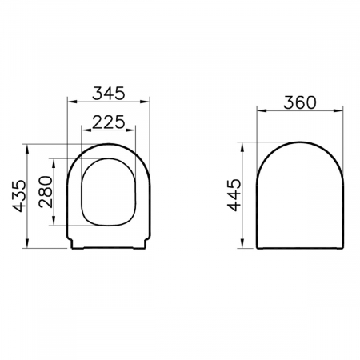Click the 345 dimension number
(109, 93)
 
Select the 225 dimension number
(109, 122)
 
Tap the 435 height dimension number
(20, 196)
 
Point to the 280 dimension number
(46, 192)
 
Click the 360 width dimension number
(300, 102)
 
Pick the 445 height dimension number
(234, 195)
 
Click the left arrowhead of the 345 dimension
(72, 102)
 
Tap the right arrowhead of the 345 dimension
(145, 102)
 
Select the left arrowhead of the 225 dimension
(86, 130)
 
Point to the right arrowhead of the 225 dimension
(130, 130)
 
